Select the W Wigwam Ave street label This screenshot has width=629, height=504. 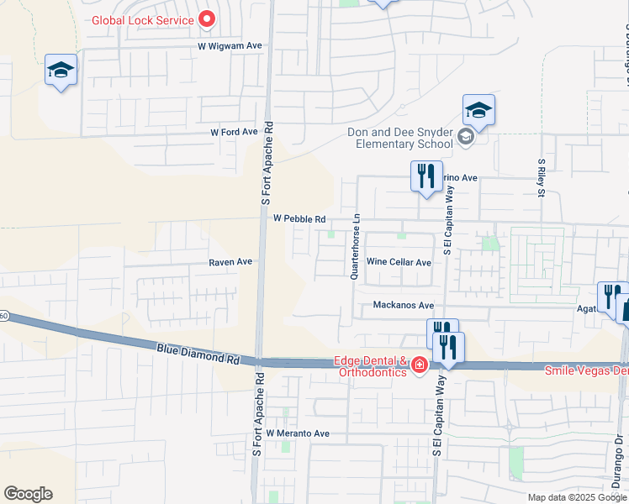pos(230,46)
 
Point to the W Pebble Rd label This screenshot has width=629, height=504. pos(300,219)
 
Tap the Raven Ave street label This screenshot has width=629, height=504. pos(231,262)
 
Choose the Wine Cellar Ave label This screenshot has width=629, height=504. pos(399,263)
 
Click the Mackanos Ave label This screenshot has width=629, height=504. pos(403,306)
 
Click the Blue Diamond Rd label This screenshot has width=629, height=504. pos(198,352)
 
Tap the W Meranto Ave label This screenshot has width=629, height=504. pos(298,433)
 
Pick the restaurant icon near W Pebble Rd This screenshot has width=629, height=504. pos(426,176)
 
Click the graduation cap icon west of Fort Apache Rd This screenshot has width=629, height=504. pos(61,71)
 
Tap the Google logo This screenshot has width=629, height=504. pos(28,494)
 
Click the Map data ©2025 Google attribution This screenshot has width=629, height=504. pos(575,497)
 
